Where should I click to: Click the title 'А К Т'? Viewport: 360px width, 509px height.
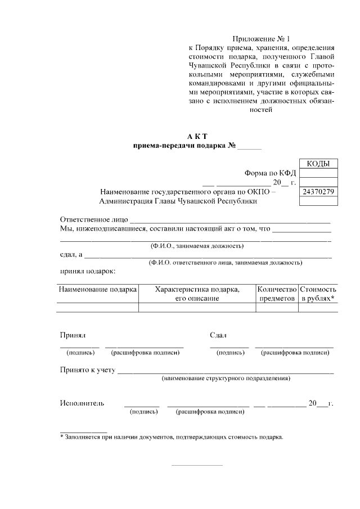pyautogui.click(x=197, y=137)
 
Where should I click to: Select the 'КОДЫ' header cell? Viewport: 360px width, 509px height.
pyautogui.click(x=318, y=164)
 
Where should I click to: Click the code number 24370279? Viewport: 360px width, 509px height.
pyautogui.click(x=318, y=192)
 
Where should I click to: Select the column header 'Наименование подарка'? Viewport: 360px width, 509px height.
pyautogui.click(x=97, y=289)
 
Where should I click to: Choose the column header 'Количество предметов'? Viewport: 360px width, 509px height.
pyautogui.click(x=276, y=294)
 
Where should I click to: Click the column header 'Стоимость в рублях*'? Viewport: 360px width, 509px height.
pyautogui.click(x=318, y=294)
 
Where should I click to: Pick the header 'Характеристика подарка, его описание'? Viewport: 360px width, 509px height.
pyautogui.click(x=197, y=294)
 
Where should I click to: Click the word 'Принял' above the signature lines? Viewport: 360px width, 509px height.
pyautogui.click(x=73, y=335)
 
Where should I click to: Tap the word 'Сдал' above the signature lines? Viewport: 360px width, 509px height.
pyautogui.click(x=218, y=335)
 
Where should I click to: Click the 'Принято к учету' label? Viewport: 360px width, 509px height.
pyautogui.click(x=88, y=370)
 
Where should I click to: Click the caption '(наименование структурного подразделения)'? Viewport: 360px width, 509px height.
pyautogui.click(x=226, y=379)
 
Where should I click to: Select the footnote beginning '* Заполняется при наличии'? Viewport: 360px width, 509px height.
pyautogui.click(x=172, y=436)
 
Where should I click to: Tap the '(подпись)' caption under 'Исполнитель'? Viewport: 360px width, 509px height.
pyautogui.click(x=143, y=412)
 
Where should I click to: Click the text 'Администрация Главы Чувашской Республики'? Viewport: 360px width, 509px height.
pyautogui.click(x=178, y=201)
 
